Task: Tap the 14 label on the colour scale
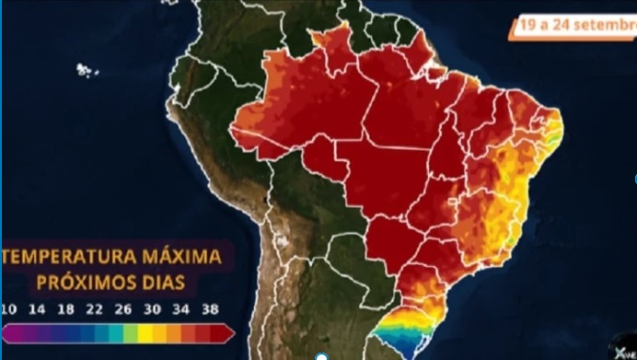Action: (39, 308)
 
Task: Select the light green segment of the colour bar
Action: (132, 332)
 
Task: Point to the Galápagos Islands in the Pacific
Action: (87, 70)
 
